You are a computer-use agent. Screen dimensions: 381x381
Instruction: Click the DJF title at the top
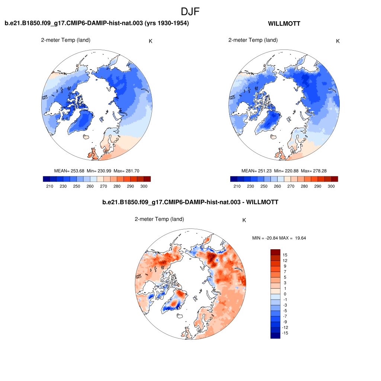[190, 12]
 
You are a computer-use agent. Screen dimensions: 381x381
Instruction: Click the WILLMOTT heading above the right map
[284, 24]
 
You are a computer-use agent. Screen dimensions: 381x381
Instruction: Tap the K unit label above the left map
[150, 41]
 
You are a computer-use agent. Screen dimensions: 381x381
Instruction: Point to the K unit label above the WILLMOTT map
[338, 41]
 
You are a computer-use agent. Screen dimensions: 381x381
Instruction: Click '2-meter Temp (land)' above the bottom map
[159, 219]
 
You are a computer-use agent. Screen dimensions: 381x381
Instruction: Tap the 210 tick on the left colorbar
[50, 186]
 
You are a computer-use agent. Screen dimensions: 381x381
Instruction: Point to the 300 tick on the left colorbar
[144, 186]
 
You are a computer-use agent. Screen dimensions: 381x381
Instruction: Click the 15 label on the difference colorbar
[285, 255]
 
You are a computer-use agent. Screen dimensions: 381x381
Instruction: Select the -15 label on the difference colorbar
[285, 333]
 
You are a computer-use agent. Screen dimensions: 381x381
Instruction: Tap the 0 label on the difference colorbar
[285, 294]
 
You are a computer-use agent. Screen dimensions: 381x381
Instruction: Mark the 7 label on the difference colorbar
[285, 272]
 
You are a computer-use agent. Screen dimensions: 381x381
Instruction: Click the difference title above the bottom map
[190, 202]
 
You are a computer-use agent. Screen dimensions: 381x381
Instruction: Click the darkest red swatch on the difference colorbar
[275, 252]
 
